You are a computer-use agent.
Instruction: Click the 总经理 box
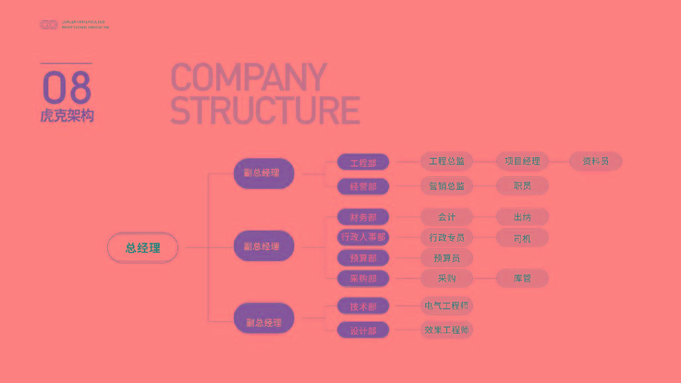[143, 248]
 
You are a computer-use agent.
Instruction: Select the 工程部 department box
[363, 162]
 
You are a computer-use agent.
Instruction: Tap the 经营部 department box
[363, 186]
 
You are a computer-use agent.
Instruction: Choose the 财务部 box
[363, 217]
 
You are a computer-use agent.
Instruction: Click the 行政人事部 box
[363, 237]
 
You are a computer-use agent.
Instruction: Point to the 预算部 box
[363, 258]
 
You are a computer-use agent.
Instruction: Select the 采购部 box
[363, 279]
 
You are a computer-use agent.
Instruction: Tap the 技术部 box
[363, 307]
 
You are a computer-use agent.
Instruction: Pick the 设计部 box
[363, 330]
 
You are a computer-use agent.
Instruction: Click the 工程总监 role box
[447, 161]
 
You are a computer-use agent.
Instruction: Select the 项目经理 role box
[522, 161]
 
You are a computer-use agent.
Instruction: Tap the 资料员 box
[596, 161]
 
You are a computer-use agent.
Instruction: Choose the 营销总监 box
[447, 186]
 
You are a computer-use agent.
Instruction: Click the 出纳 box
[522, 217]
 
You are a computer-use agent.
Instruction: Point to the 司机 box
[522, 237]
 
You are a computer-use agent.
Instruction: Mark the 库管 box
[522, 278]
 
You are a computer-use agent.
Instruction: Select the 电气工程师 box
[447, 306]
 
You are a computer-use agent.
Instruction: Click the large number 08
[67, 87]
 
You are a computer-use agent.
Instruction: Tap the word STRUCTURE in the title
[265, 110]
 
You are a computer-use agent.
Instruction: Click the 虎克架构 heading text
[67, 116]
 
